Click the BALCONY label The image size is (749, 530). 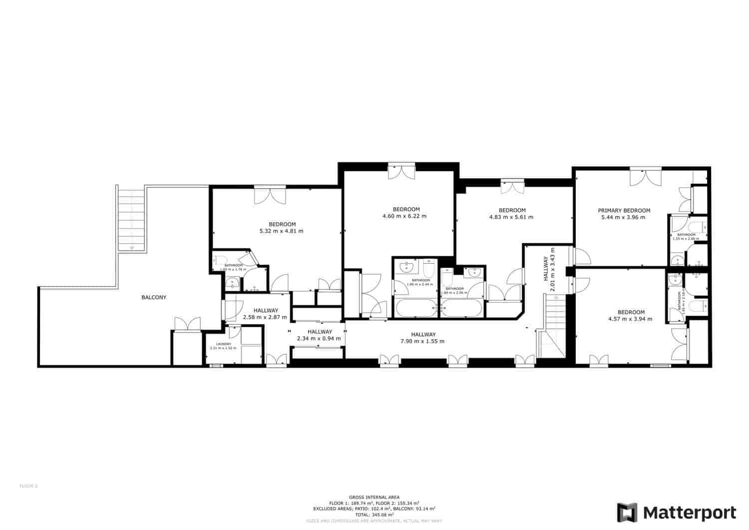point(154,297)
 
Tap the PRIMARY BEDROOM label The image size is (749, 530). point(624,211)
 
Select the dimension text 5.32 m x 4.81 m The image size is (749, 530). point(282,231)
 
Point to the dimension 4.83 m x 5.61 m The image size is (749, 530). point(512,217)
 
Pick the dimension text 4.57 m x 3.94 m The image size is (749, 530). point(631,319)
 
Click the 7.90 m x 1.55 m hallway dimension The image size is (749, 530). point(423,342)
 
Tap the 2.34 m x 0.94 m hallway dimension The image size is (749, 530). point(319,339)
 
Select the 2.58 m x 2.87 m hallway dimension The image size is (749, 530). point(265,317)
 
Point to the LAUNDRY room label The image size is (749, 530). point(223,344)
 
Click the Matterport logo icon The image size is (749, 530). point(627,513)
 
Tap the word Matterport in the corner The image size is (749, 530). point(689,513)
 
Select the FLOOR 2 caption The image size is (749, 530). point(28,486)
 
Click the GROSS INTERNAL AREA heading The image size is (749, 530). point(374,497)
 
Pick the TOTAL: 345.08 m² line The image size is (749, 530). point(374,515)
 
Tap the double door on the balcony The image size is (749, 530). point(187,324)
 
